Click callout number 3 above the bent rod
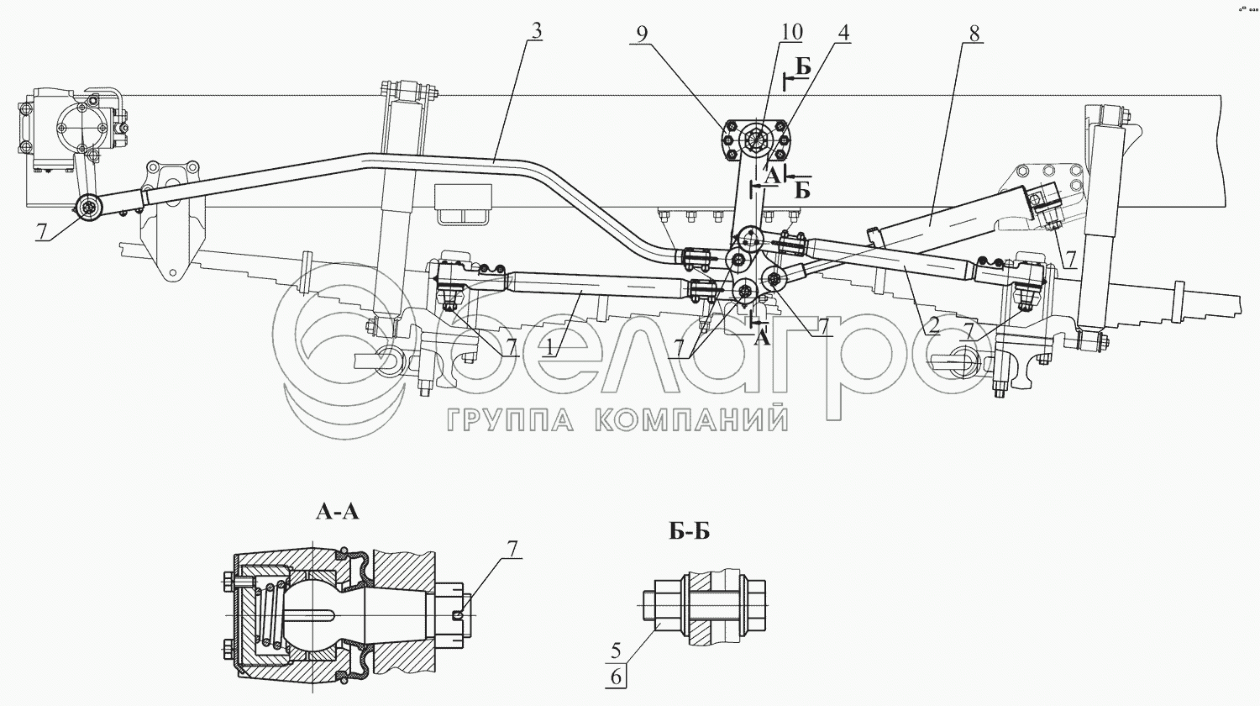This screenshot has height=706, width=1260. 536,32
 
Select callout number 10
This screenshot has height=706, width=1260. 790,32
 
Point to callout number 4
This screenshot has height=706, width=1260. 843,33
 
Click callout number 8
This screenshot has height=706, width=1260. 974,34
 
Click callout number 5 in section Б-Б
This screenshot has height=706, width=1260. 616,651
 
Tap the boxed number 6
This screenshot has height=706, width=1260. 616,677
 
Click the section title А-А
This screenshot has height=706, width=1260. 338,512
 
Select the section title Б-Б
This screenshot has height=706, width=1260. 689,531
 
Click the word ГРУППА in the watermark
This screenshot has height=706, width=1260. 511,419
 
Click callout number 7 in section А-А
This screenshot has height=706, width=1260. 512,548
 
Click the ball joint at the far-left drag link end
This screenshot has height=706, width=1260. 88,208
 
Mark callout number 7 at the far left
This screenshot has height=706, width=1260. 41,231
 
